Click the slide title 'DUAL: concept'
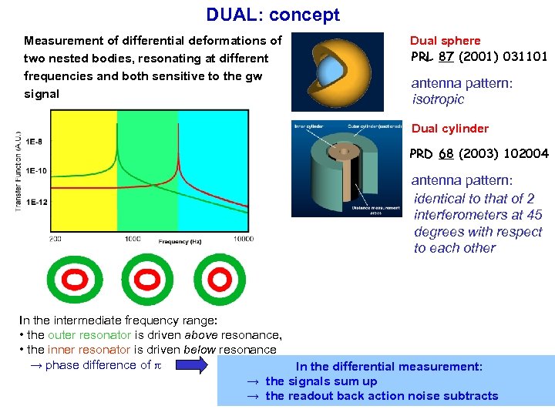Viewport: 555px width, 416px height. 272,15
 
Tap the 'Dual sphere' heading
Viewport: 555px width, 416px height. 445,41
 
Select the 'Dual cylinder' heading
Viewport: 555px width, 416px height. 449,129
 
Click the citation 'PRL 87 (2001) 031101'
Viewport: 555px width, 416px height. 479,56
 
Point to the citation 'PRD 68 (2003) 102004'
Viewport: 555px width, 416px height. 479,154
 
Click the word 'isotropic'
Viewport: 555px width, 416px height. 438,99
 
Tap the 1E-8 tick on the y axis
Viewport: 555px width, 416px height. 35,142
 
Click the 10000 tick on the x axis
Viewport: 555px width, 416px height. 244,240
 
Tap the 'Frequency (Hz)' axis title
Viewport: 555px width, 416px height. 180,242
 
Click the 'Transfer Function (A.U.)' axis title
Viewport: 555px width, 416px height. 17,172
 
